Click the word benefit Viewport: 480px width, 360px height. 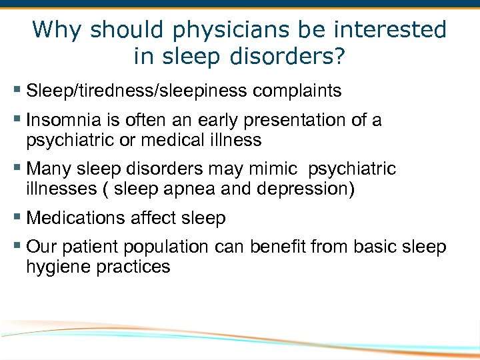284,247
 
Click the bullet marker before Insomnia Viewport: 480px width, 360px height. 17,121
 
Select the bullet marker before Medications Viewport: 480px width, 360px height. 17,218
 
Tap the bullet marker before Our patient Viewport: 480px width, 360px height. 17,247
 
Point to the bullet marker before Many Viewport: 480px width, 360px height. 17,169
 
